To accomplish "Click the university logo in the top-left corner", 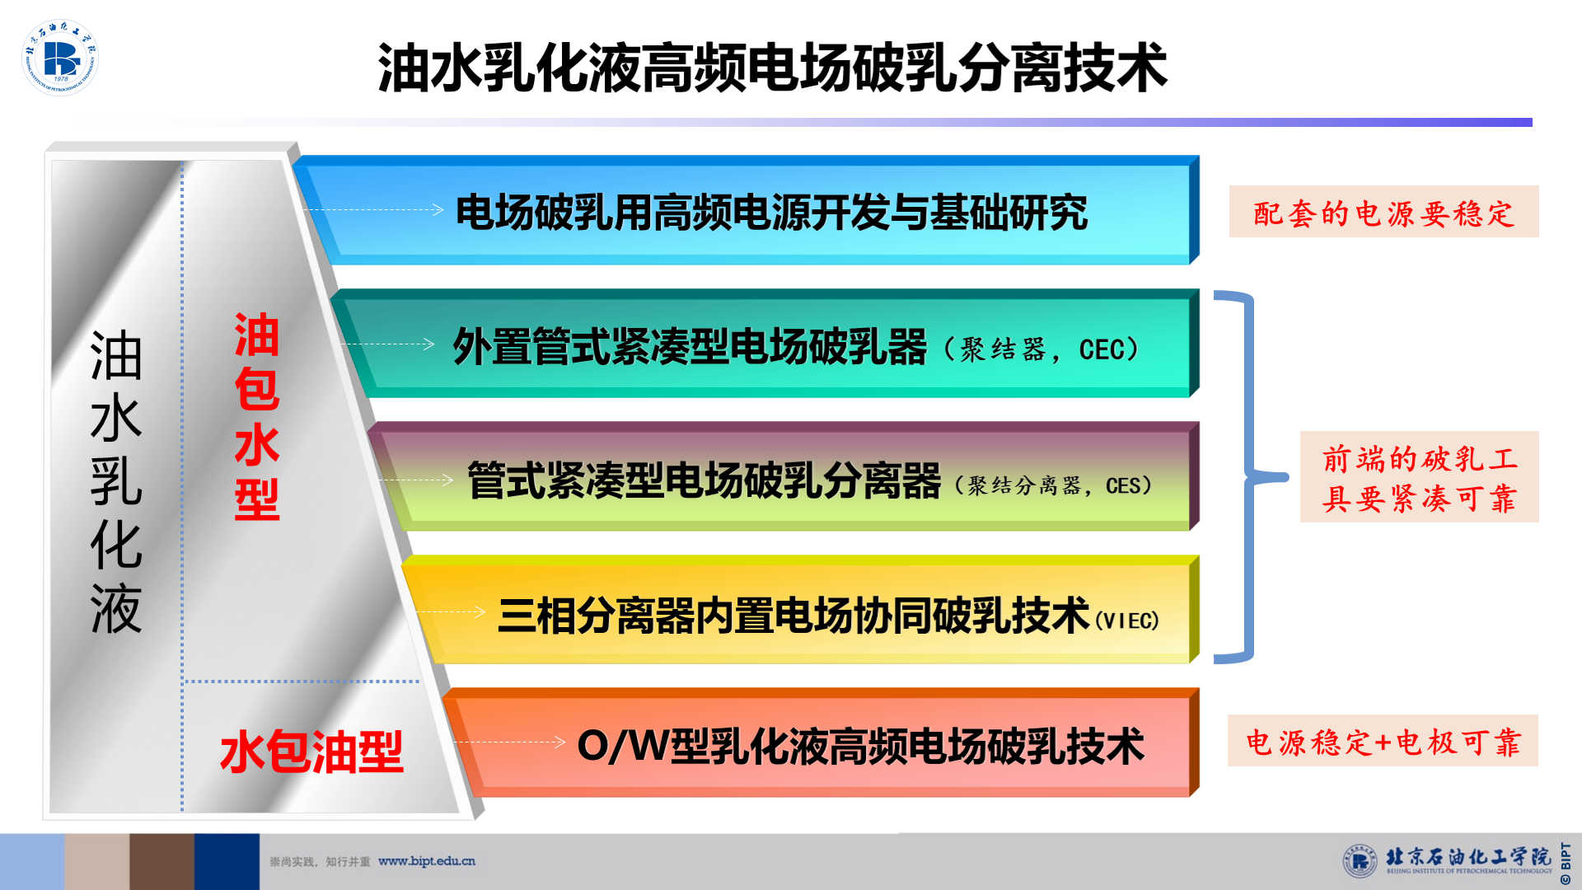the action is (x=60, y=58).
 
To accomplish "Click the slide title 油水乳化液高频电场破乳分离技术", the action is (x=773, y=68).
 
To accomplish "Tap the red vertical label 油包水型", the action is (x=257, y=416).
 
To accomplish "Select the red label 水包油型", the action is (x=312, y=752).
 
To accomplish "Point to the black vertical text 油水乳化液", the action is (x=116, y=482).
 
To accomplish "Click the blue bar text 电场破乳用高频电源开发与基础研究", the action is (x=772, y=213).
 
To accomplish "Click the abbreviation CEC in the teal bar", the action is (x=1102, y=349).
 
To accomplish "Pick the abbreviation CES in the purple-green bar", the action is (x=1123, y=485).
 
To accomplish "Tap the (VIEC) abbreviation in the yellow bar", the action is (x=1126, y=620).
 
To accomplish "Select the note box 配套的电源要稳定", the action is (x=1383, y=212).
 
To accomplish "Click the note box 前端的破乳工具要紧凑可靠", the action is (x=1419, y=476).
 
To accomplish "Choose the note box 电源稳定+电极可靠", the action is (x=1383, y=741).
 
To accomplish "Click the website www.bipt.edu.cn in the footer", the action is (x=427, y=861).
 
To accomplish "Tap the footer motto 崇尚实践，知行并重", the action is (x=320, y=862).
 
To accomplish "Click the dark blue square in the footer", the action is (x=227, y=862).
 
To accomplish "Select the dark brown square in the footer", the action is (x=161, y=862).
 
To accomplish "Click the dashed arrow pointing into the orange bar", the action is (x=508, y=742).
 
